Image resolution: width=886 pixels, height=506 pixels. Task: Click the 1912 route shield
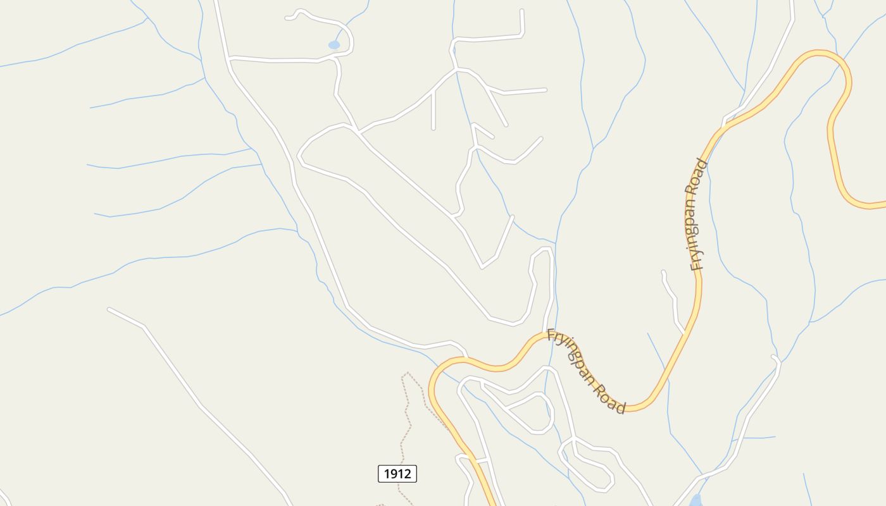coord(397,473)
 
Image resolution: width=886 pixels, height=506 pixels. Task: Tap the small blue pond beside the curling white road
coord(334,45)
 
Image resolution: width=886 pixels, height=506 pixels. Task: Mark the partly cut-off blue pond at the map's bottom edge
coord(696,501)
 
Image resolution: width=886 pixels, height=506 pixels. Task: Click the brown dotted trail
coord(405,417)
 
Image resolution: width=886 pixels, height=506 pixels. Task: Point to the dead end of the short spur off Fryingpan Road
coord(663,273)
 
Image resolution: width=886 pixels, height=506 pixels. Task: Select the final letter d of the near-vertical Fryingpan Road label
coord(701,163)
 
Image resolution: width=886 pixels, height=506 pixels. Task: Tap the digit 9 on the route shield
coord(394,473)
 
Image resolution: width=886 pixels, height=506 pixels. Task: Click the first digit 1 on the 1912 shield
coord(387,473)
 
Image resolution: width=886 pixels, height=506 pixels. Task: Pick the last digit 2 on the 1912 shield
coord(408,473)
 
